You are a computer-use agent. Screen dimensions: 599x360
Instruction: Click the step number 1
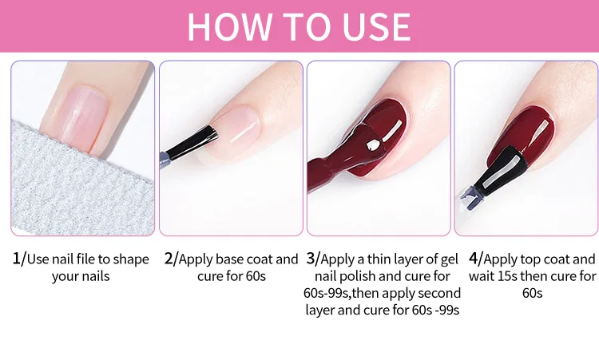[16, 259]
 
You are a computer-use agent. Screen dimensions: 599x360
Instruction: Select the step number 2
[169, 259]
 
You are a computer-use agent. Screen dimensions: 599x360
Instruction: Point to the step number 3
[310, 259]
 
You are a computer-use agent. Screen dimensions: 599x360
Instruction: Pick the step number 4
[474, 259]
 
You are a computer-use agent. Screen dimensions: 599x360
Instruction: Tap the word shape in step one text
[131, 259]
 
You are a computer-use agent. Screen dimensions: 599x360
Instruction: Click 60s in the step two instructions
[256, 276]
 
